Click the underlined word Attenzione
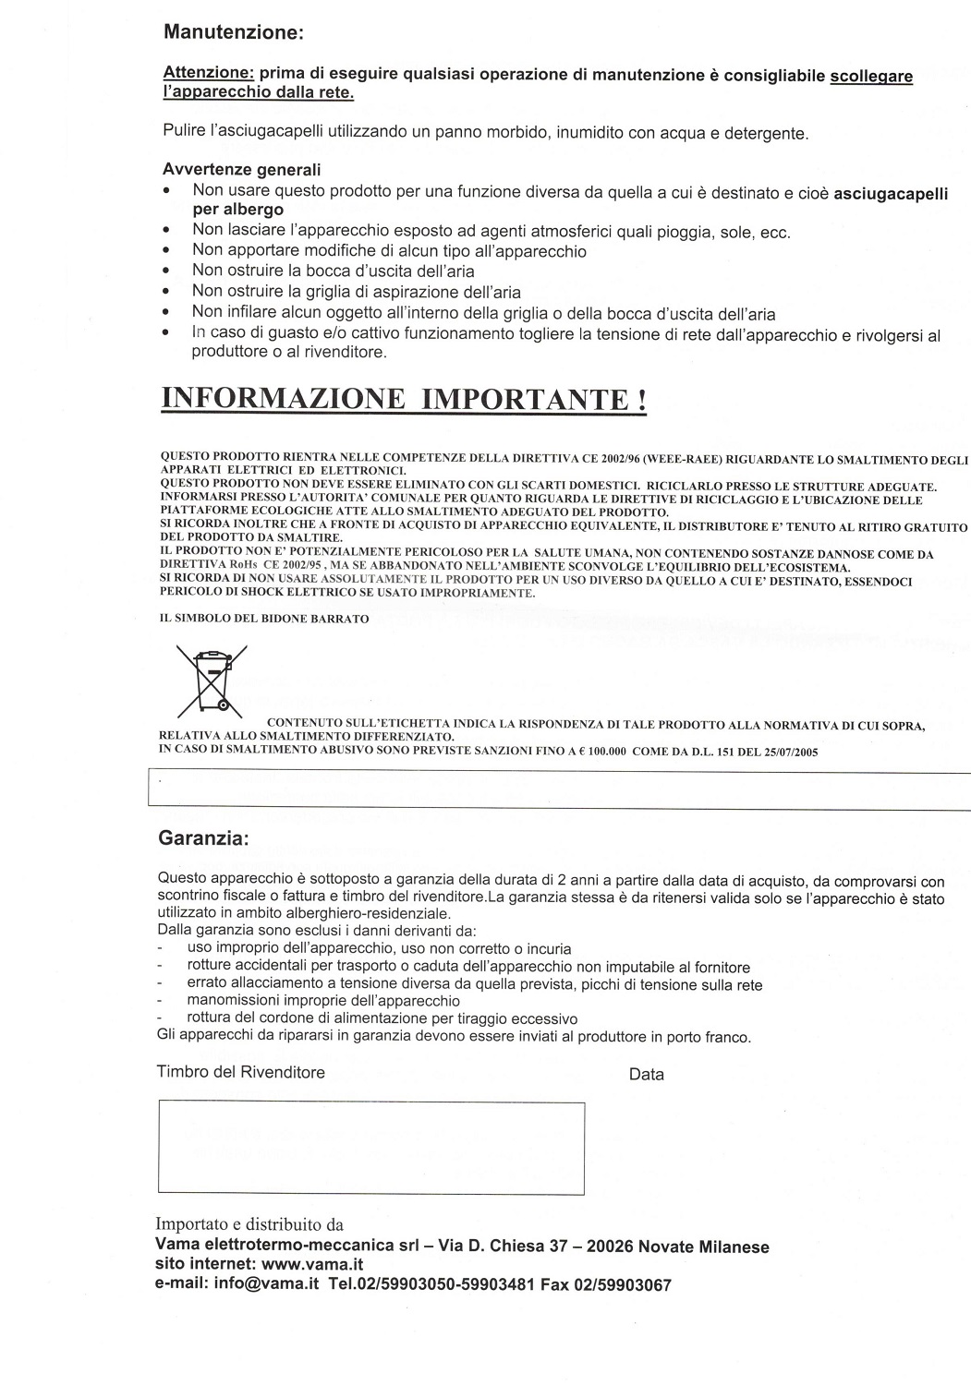209,75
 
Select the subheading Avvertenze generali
242,170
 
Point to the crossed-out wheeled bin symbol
212,680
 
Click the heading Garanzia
203,838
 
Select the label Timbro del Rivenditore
241,1072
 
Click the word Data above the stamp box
646,1074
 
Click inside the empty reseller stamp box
371,1148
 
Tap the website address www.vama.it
312,1264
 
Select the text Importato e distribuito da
249,1225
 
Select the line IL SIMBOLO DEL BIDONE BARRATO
265,619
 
